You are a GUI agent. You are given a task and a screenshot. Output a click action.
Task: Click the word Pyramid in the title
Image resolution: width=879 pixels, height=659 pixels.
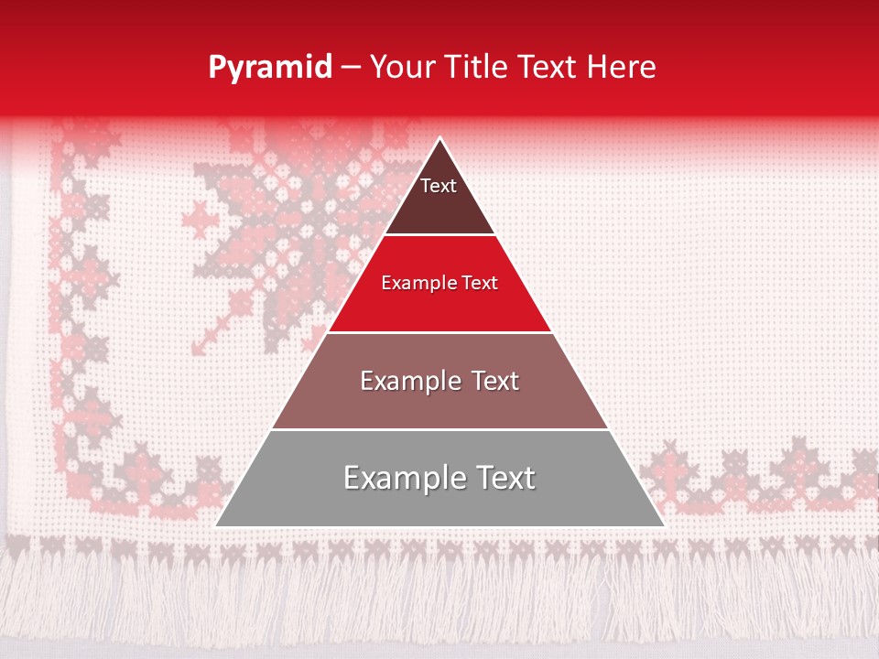click(x=269, y=68)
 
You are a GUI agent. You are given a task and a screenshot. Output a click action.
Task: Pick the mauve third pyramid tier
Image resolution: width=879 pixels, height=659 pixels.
click(x=439, y=403)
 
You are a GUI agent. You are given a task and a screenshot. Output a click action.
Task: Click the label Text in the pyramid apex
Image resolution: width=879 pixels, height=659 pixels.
click(x=439, y=186)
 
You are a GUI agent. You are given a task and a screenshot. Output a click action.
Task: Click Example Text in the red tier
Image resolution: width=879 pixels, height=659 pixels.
click(x=439, y=283)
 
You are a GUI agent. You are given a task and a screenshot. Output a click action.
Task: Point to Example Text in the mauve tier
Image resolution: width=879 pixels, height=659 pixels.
click(x=439, y=381)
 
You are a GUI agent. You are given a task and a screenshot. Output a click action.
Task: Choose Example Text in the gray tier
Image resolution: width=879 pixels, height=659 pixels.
click(x=439, y=478)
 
